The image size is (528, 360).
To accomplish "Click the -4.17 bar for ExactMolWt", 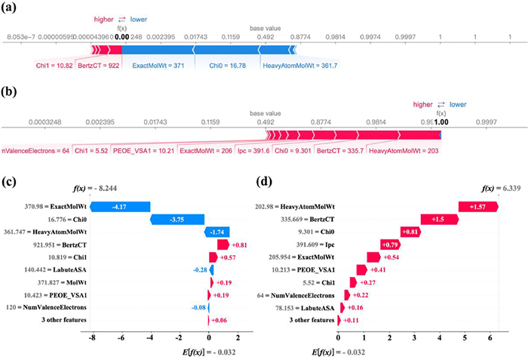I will tap(120, 205).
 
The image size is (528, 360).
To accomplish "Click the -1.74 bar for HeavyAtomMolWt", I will tap(216, 232).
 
